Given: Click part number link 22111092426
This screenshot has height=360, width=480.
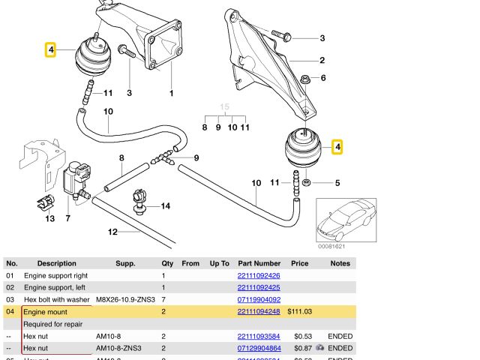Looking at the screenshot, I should pos(258,276).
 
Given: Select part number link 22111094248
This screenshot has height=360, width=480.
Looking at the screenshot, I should pos(258,312).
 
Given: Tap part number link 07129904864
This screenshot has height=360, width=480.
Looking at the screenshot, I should pos(258,349).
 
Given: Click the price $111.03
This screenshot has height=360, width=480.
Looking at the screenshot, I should pos(299,312).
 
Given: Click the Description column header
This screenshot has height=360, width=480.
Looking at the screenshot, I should pos(57,263).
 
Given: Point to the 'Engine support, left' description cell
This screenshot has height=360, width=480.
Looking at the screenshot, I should pos(55,288).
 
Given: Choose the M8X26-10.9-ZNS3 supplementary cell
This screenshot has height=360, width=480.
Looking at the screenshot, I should pos(125,300).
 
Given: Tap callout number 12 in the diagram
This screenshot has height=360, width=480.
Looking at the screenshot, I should pos(112,232).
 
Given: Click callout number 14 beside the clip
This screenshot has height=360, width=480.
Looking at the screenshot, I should pos(165,205).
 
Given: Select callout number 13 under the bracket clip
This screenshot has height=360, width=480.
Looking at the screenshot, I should pos(49,218).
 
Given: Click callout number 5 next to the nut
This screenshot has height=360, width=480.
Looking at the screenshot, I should pos(337,182).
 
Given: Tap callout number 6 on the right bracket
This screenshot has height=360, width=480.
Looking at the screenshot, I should pos(323,78).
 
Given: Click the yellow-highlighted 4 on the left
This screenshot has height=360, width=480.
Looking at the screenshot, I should pos(50,50).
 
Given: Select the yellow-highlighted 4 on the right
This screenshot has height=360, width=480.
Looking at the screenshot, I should pos(338,147).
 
